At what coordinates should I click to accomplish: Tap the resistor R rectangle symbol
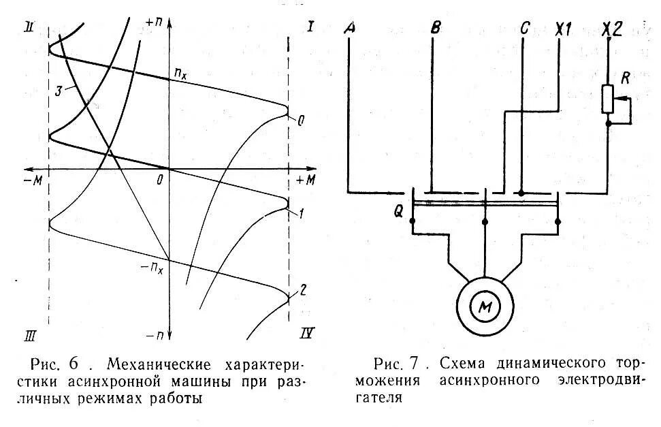pyautogui.click(x=609, y=99)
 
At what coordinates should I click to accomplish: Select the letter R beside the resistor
pyautogui.click(x=625, y=76)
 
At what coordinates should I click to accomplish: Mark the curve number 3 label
pyautogui.click(x=59, y=90)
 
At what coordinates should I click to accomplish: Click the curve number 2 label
pyautogui.click(x=304, y=289)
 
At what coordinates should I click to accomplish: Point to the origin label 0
pyautogui.click(x=159, y=180)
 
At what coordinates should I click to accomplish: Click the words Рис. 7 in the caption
pyautogui.click(x=396, y=361)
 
